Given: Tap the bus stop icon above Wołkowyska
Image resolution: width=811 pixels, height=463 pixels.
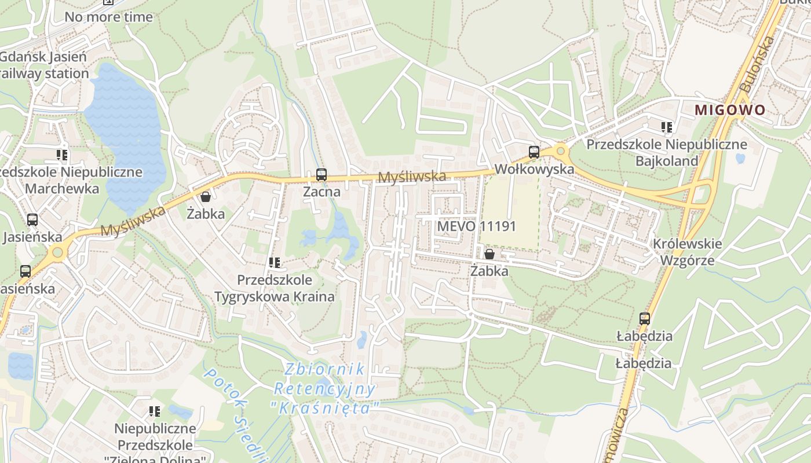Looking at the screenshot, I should pyautogui.click(x=534, y=152).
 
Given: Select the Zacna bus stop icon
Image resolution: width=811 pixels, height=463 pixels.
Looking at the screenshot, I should pyautogui.click(x=321, y=174).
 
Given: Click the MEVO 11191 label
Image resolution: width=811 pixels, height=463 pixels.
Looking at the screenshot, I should pyautogui.click(x=476, y=226).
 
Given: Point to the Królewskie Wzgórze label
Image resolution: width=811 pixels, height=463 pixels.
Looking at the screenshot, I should pyautogui.click(x=688, y=252).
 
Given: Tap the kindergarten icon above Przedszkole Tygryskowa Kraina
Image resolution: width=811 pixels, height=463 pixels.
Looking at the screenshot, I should pyautogui.click(x=275, y=263).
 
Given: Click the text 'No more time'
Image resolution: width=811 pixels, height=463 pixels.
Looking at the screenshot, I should pyautogui.click(x=108, y=17).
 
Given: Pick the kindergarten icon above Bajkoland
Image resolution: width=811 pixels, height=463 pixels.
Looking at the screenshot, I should pyautogui.click(x=666, y=127).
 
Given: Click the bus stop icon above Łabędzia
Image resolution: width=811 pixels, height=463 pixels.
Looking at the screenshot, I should pyautogui.click(x=644, y=318).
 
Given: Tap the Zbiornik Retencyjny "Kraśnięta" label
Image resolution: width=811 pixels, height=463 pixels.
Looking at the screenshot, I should pyautogui.click(x=324, y=388).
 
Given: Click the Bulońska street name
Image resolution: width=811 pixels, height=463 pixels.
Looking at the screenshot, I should pyautogui.click(x=757, y=64).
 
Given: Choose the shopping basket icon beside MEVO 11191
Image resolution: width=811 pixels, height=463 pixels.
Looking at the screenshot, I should pyautogui.click(x=489, y=254).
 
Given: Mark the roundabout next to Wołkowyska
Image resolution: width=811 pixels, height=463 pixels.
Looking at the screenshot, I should pyautogui.click(x=560, y=152).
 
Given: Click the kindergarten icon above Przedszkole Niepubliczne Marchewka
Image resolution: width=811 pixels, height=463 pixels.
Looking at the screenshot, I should pyautogui.click(x=62, y=155).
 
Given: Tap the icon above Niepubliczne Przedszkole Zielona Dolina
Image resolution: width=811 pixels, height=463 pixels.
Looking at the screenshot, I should pyautogui.click(x=154, y=411).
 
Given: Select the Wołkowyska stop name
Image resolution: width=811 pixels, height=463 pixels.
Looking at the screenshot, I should pyautogui.click(x=534, y=169).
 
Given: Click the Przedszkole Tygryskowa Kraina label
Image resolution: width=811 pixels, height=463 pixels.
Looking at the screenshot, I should pyautogui.click(x=275, y=288).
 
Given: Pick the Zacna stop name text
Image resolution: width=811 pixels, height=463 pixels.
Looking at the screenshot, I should pyautogui.click(x=322, y=192).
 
